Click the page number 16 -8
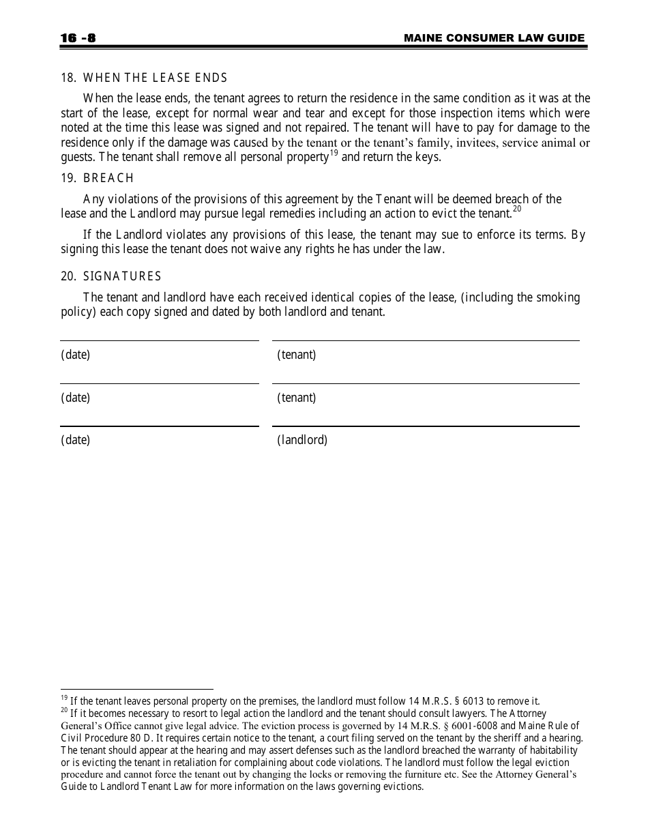tap(78, 38)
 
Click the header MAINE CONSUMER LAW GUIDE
tap(494, 38)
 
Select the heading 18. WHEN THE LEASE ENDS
tap(144, 78)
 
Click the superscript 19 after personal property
tap(334, 153)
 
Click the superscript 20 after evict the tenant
tap(517, 209)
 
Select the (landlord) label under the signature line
tap(302, 440)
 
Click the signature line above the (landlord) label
tap(426, 426)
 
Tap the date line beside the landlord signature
tap(159, 426)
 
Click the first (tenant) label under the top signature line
tap(296, 355)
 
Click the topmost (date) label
tap(75, 355)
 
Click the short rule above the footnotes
tap(136, 689)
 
